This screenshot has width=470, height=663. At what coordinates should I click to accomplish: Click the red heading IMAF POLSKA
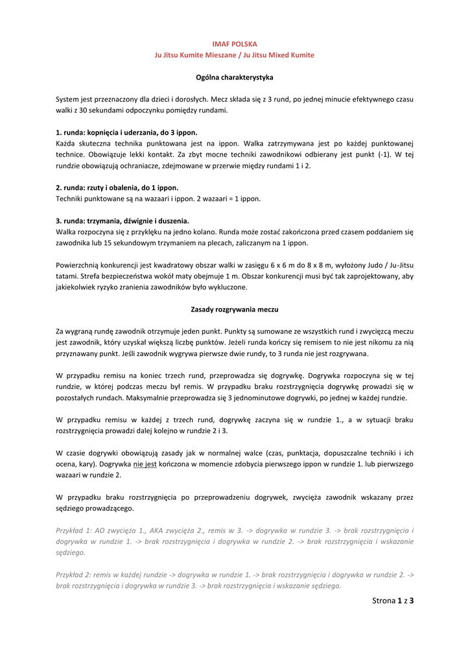(x=235, y=44)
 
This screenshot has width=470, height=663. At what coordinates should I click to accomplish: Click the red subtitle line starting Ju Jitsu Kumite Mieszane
(x=235, y=55)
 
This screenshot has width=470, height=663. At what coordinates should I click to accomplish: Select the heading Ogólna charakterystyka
(x=235, y=78)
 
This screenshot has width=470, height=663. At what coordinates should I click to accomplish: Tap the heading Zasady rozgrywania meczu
(x=235, y=309)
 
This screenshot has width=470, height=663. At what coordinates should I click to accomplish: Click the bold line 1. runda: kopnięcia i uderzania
(x=126, y=132)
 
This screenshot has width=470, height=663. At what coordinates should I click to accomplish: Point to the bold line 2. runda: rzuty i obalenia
(x=117, y=188)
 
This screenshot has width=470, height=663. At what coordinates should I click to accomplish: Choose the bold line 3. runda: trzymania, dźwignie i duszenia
(x=123, y=221)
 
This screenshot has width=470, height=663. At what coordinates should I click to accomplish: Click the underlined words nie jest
(x=145, y=464)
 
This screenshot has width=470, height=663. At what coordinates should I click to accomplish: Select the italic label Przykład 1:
(x=74, y=530)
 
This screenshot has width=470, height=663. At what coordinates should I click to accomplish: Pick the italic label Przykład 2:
(x=74, y=574)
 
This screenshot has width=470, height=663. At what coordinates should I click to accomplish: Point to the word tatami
(x=67, y=276)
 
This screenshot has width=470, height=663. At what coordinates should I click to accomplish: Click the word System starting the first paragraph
(x=67, y=99)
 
